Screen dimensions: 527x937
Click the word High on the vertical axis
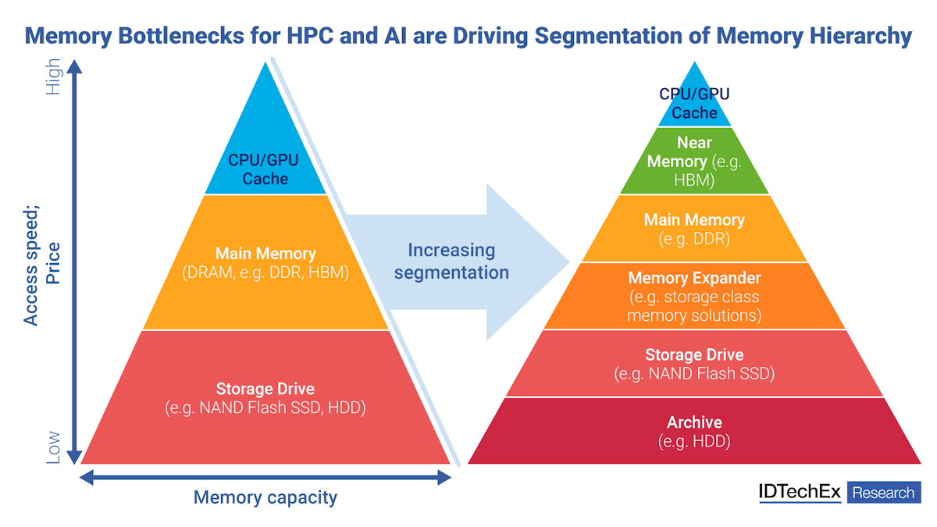[53, 77]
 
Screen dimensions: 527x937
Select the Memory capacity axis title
[265, 497]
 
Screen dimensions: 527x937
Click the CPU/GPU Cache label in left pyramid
[264, 169]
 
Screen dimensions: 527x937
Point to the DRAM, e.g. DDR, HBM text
[265, 273]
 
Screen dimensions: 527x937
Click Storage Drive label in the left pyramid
[265, 389]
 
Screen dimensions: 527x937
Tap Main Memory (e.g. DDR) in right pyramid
[694, 229]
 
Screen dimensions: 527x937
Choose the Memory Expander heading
[694, 278]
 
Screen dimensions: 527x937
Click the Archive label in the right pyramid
[694, 422]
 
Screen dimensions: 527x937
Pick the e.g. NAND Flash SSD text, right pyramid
[694, 374]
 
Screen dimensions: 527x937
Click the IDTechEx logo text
[799, 492]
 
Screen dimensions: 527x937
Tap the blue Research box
[883, 493]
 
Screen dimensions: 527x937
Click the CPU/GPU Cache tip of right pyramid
[694, 103]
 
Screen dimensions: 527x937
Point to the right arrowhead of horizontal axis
[444, 477]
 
